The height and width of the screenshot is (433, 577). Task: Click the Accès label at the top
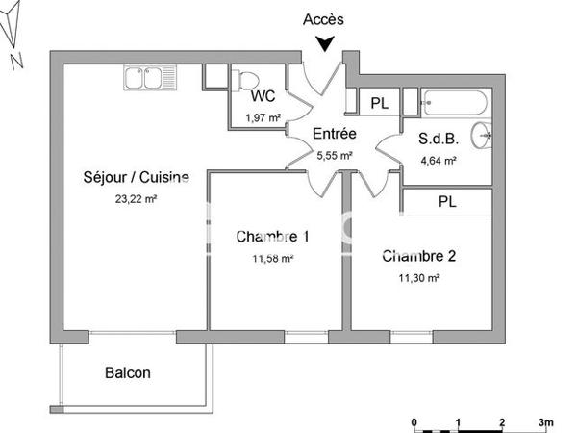click(322, 18)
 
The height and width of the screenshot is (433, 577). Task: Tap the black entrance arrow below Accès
click(326, 42)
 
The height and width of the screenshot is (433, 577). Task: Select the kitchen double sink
click(150, 79)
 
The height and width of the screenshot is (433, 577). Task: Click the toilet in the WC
click(248, 79)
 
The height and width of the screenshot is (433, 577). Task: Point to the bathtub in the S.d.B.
click(457, 100)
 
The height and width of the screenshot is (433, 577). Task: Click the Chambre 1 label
click(272, 236)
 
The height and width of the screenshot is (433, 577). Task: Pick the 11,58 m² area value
click(272, 258)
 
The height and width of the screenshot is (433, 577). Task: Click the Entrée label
click(335, 134)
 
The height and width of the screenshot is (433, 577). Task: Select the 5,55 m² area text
click(335, 154)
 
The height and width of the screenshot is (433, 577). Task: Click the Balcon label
click(127, 372)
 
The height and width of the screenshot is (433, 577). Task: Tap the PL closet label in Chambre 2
click(447, 202)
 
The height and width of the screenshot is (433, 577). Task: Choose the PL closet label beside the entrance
click(379, 102)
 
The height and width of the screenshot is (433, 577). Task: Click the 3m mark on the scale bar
click(545, 422)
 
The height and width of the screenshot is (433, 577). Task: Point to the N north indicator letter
click(15, 62)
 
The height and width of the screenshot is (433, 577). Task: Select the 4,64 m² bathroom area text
click(437, 161)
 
